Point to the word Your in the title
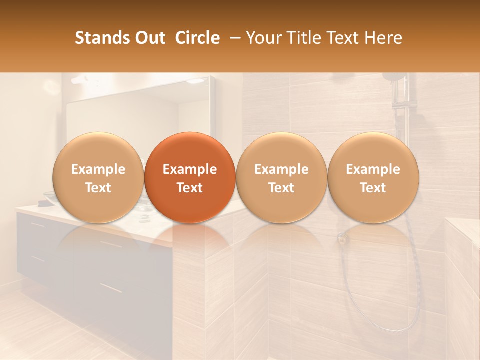(262, 38)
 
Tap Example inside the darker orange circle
(190, 169)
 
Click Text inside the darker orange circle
(190, 188)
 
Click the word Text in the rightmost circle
(373, 188)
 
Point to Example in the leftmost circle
(98, 169)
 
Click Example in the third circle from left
(281, 169)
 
